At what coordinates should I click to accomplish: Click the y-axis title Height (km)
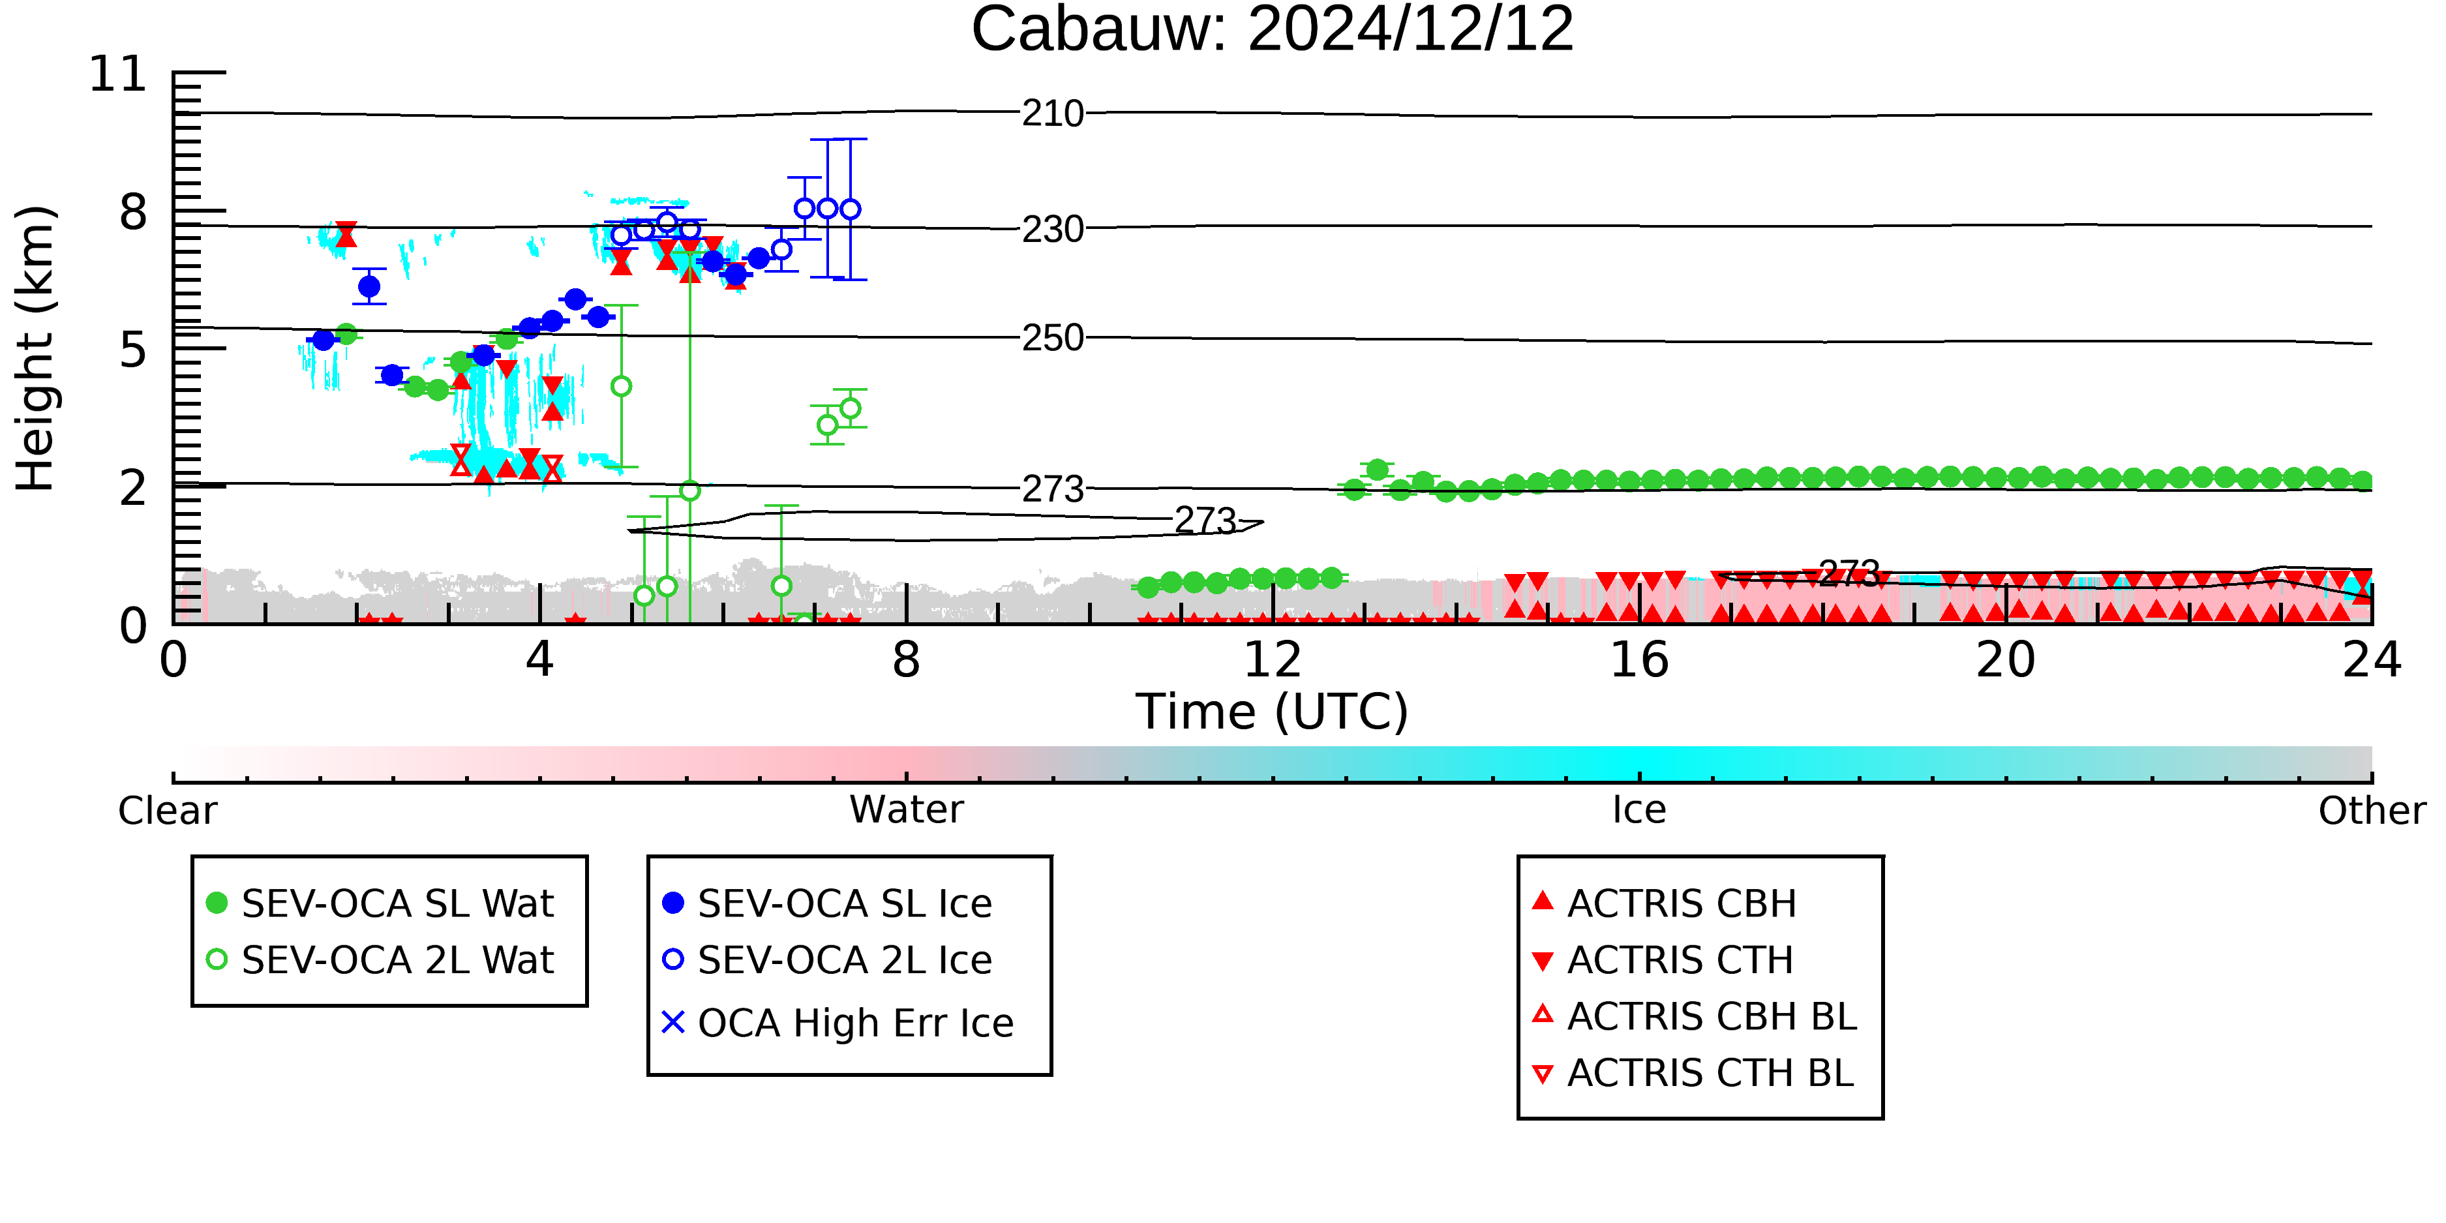36,348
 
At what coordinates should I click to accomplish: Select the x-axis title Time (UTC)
1273,712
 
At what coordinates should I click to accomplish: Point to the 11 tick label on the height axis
118,74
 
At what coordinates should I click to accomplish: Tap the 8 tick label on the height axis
134,212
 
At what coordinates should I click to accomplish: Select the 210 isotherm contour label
1053,114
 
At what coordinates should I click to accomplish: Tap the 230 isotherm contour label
1053,229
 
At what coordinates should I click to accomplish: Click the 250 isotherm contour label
1053,338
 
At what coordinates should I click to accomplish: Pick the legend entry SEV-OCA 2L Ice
828,960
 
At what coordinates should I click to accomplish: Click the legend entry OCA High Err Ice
838,1023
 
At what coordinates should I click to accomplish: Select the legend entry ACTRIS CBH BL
1695,1016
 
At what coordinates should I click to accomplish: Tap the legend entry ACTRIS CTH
1663,960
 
